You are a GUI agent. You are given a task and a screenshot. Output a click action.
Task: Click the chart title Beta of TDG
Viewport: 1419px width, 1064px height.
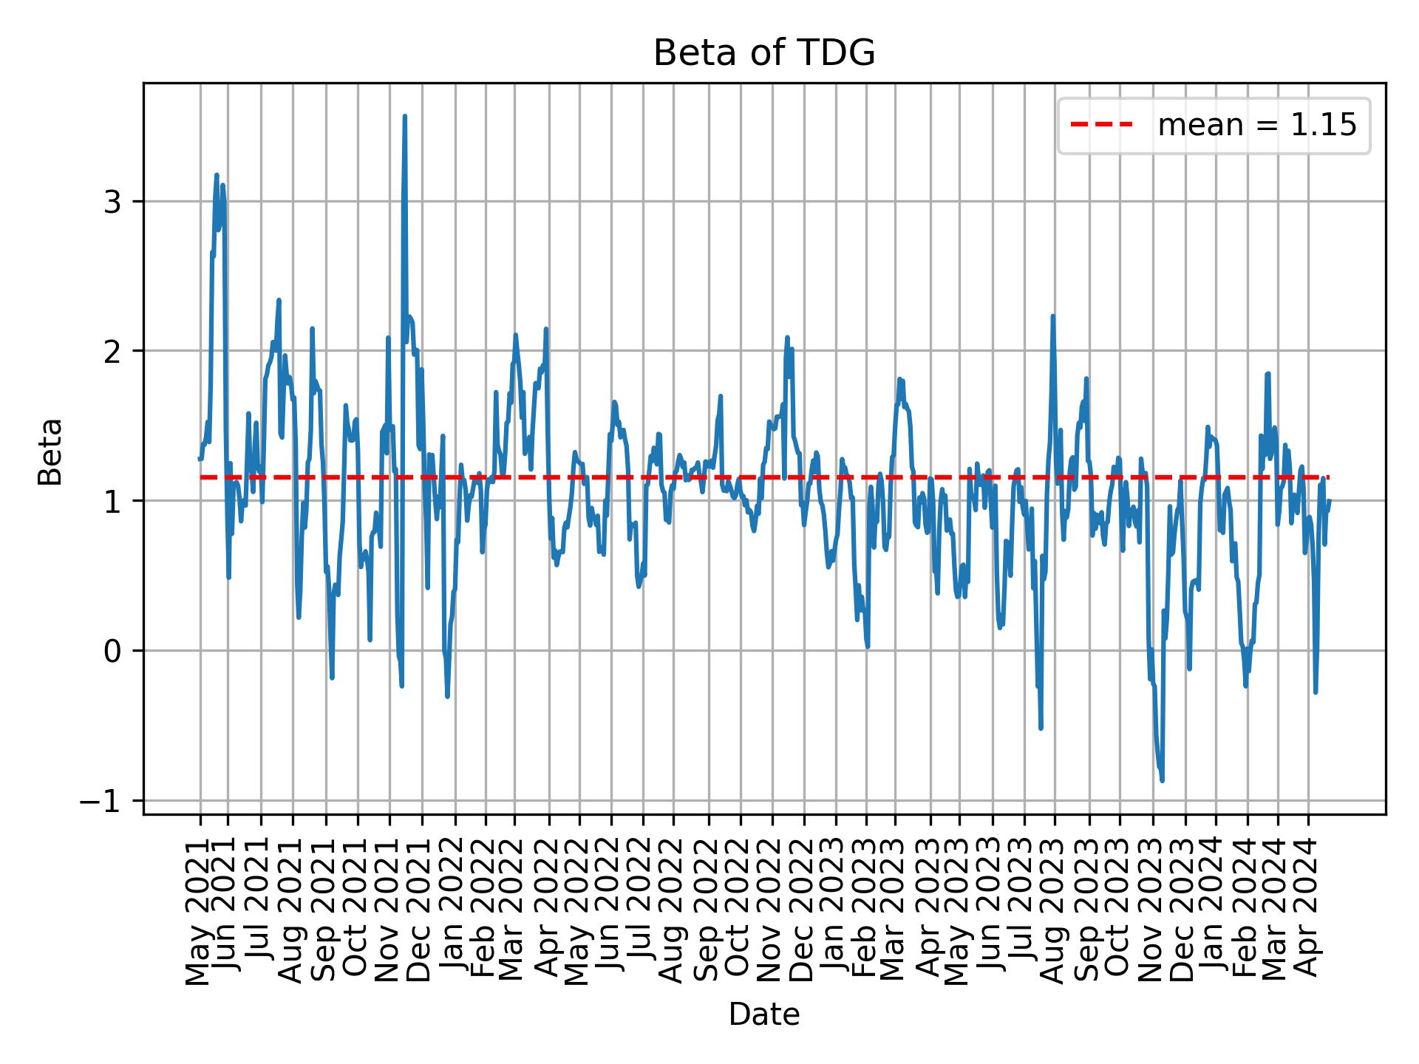click(x=764, y=53)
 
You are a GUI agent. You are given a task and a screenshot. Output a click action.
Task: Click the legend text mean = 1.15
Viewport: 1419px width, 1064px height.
click(x=1256, y=126)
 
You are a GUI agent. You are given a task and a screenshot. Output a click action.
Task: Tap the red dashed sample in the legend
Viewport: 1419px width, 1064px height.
click(x=1101, y=126)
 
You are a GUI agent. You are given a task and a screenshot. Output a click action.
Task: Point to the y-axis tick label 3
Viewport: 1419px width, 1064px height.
click(x=112, y=202)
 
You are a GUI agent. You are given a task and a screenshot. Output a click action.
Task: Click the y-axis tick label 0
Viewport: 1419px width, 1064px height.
click(x=112, y=652)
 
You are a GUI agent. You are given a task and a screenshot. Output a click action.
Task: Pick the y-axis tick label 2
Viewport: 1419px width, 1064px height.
click(x=112, y=352)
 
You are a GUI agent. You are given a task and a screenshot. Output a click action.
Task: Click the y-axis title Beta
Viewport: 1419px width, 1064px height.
click(x=50, y=451)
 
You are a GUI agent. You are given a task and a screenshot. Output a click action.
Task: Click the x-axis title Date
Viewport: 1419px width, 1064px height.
click(x=764, y=1015)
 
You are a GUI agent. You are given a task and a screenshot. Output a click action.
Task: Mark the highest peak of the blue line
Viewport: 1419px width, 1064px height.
click(x=404, y=117)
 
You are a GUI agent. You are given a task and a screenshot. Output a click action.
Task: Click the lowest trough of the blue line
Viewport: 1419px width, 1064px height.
click(x=1163, y=780)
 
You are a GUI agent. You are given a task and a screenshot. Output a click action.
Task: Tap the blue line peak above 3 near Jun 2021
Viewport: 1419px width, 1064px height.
click(x=217, y=175)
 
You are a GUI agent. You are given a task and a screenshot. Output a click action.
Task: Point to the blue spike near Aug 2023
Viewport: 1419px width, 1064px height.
click(x=1052, y=316)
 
